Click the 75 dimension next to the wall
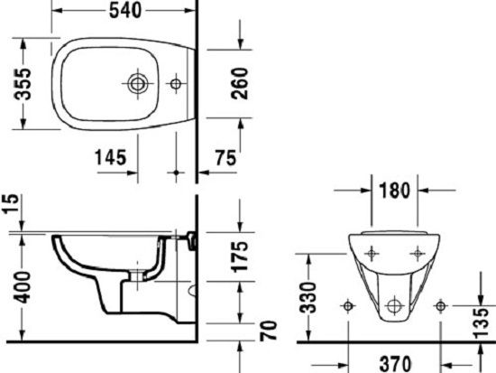225,157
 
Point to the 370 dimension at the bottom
393,362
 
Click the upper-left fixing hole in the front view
372,253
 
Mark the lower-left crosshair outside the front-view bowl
346,305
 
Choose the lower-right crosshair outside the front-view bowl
440,305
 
